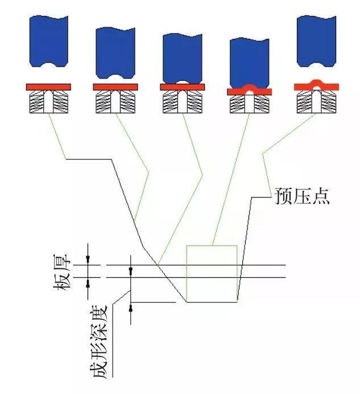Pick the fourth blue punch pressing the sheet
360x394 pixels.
pos(249,61)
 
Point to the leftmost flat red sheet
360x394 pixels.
pos(48,87)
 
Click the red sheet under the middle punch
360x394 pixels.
pos(183,87)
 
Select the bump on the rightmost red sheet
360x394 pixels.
pos(316,83)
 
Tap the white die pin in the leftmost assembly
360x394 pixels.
pos(48,102)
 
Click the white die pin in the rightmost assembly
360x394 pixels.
pos(316,102)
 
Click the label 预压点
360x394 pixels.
pos(301,196)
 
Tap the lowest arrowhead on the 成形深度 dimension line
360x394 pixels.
pos(131,309)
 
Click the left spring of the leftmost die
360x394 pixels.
pos(36,102)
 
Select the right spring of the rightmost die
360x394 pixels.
pos(329,102)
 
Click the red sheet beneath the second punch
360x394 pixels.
pos(115,87)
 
